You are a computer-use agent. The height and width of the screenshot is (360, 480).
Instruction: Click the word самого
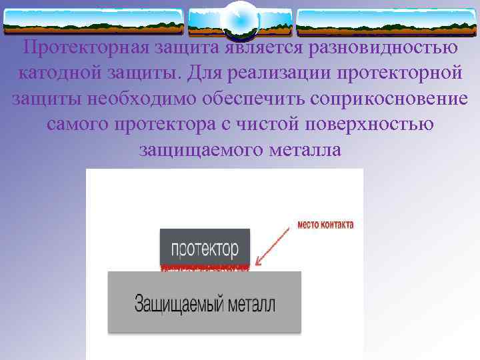(x=77, y=125)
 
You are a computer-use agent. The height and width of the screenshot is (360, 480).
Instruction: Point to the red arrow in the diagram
(x=275, y=247)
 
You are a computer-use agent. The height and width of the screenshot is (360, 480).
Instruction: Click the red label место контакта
(x=325, y=225)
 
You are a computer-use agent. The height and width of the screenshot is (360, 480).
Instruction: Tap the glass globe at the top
(x=240, y=20)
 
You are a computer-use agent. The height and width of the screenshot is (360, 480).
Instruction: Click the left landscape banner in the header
(x=93, y=22)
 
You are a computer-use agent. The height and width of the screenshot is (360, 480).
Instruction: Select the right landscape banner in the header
(x=386, y=22)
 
